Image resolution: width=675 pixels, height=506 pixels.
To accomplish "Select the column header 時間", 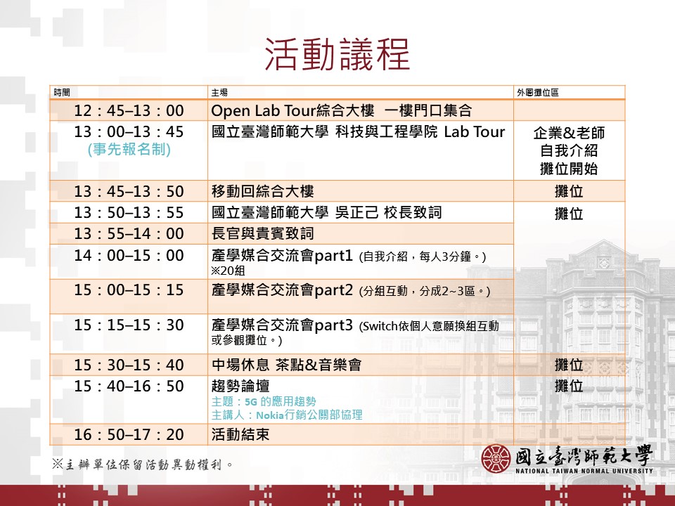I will [x=63, y=93].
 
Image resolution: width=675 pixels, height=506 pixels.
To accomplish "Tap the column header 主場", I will [x=219, y=93].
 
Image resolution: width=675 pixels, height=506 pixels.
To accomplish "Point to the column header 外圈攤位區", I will [x=538, y=93].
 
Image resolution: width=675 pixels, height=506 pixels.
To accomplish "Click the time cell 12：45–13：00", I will [x=129, y=110].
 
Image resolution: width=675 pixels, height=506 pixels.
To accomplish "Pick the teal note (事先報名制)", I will [x=129, y=149].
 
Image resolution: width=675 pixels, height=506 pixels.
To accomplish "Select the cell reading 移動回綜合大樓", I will [x=262, y=191].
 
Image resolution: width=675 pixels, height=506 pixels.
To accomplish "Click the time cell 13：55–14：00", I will [x=129, y=234].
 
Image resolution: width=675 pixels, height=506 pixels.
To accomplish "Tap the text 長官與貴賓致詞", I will [x=262, y=234].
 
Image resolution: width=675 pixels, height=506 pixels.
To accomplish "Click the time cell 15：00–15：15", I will [x=129, y=290].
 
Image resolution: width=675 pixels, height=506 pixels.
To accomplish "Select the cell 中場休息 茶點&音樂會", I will [x=286, y=365].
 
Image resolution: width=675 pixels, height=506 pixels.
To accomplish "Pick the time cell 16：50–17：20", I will [x=129, y=434].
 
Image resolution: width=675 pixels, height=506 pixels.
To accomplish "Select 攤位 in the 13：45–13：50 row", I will [x=569, y=191].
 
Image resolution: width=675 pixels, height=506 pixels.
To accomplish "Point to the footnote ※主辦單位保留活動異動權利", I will [x=141, y=464].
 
